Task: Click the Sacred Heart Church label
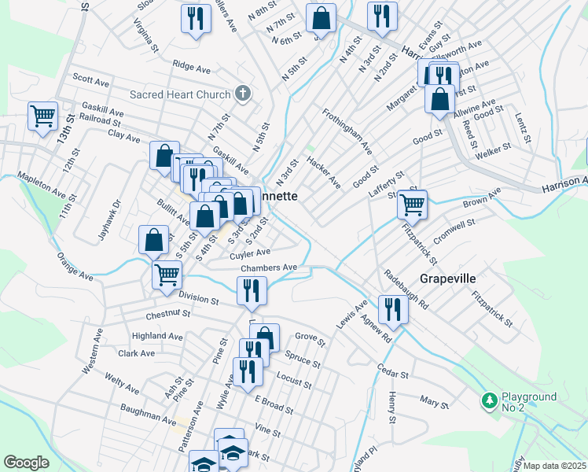(180, 94)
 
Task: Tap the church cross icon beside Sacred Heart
(243, 94)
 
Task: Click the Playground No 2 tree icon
(489, 401)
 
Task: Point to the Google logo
(26, 463)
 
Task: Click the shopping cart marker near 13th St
(42, 116)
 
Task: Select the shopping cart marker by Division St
(167, 275)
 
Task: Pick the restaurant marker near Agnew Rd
(391, 308)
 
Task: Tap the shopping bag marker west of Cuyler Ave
(154, 240)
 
